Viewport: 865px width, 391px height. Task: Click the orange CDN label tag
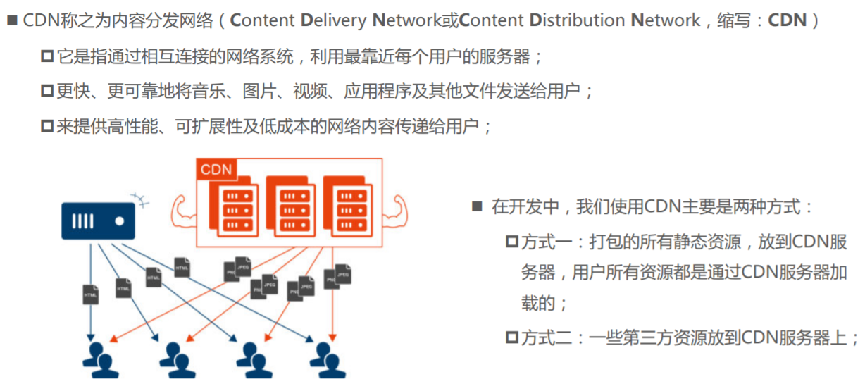(x=216, y=169)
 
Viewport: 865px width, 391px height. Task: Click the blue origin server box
(x=98, y=221)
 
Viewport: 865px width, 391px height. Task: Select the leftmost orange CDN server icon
(x=234, y=206)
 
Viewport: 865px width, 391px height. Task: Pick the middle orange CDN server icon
(x=291, y=206)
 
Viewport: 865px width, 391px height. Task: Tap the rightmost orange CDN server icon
(x=348, y=206)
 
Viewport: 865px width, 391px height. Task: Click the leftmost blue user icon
(x=101, y=360)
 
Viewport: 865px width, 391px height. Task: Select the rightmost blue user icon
(x=328, y=360)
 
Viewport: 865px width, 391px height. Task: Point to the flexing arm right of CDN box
(x=395, y=212)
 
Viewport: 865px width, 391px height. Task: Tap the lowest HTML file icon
(x=91, y=294)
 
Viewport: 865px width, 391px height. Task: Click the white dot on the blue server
(x=119, y=221)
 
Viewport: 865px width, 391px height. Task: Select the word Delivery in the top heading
(x=333, y=20)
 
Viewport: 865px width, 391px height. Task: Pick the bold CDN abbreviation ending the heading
(x=787, y=20)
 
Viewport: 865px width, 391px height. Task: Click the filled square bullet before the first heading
(x=13, y=20)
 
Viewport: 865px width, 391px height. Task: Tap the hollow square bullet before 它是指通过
(x=47, y=56)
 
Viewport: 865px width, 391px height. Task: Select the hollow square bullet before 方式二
(x=512, y=337)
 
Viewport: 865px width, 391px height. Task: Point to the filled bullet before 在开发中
(x=477, y=206)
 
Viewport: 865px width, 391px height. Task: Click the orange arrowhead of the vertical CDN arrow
(x=332, y=338)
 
